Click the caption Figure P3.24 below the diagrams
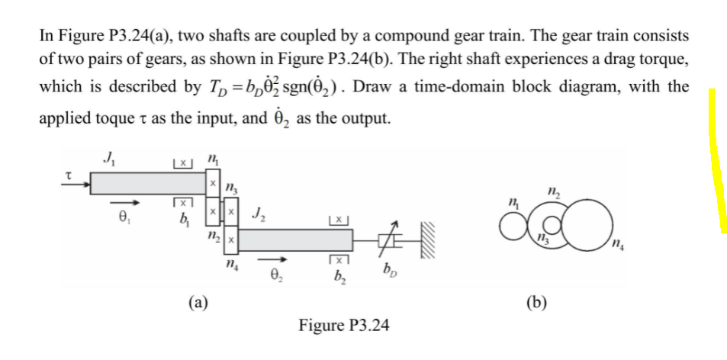coord(344,326)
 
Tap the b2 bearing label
coord(336,277)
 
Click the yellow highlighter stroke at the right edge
coord(715,160)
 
